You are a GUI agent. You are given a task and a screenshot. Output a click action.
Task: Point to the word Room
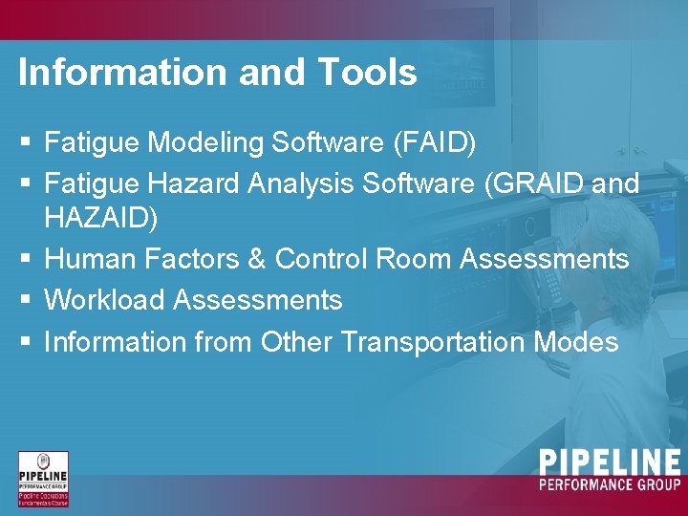[x=416, y=259]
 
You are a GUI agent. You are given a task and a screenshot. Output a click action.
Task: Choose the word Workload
[x=105, y=300]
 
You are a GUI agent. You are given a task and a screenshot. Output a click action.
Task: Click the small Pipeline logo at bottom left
[x=44, y=479]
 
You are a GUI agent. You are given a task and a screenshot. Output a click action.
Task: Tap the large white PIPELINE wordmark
[x=610, y=463]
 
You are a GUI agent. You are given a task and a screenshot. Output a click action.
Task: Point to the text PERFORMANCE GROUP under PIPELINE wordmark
[x=610, y=485]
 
